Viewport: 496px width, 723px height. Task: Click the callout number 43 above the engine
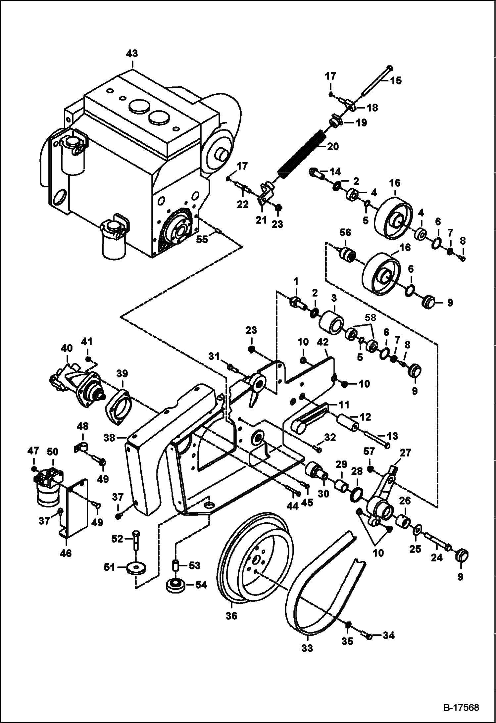[x=132, y=54]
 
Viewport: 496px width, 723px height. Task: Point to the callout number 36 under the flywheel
[x=231, y=616]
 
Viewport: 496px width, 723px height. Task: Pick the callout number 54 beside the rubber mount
[x=201, y=585]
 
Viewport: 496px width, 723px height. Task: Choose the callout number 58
[x=370, y=318]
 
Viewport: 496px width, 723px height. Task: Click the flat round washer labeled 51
[x=136, y=569]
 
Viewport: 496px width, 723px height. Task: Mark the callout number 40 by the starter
[x=67, y=348]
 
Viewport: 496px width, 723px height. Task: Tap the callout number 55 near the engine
[x=202, y=239]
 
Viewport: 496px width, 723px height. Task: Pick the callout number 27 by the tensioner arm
[x=406, y=453]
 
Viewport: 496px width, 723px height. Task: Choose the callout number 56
[x=345, y=233]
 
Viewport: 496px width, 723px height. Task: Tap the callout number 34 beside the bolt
[x=388, y=636]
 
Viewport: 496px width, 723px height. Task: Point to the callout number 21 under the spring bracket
[x=262, y=219]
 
